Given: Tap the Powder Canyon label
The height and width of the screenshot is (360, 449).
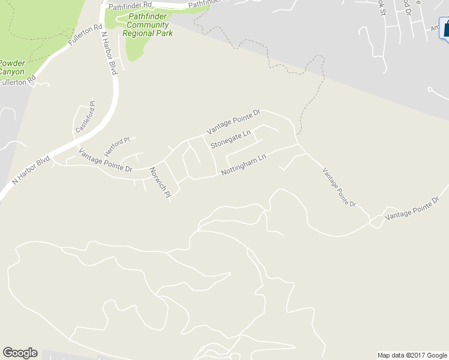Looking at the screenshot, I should point(12,67).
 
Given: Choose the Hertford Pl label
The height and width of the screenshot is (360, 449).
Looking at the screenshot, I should point(117,143).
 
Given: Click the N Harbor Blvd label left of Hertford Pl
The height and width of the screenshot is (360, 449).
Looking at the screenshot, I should point(30,170).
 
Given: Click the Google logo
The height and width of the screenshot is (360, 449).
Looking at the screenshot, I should point(20,353).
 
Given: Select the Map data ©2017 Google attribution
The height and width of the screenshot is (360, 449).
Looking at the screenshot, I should point(412,355).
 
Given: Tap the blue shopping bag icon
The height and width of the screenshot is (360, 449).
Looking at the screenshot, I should point(445,28).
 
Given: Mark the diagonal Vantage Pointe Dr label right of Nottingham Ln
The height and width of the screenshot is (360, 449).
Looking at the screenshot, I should point(339,187).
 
